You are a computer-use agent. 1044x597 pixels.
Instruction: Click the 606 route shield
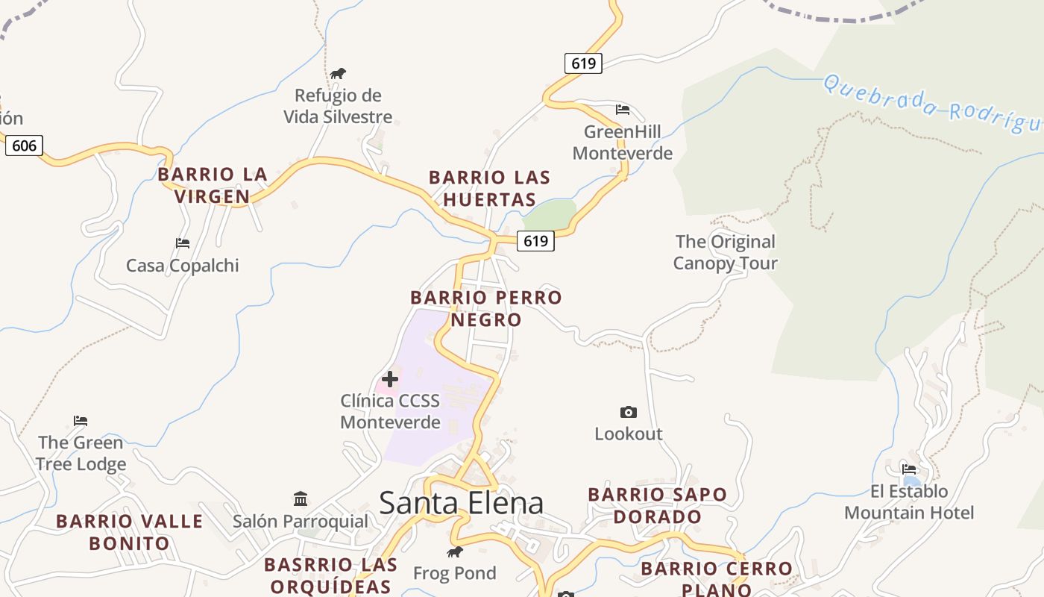pos(24,145)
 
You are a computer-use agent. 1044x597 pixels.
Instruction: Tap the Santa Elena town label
pos(461,503)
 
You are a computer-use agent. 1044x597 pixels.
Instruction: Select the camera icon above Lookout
pos(629,412)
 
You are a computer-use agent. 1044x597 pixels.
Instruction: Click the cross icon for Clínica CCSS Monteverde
pos(389,379)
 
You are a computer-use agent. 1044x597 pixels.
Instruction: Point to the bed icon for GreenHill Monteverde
pos(623,110)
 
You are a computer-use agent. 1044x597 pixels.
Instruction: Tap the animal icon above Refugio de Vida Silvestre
pos(338,73)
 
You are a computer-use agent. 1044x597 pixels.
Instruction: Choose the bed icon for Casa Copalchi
pos(183,243)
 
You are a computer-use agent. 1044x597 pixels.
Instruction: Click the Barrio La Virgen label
pos(213,185)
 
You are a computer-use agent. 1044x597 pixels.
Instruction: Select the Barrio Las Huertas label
pos(489,188)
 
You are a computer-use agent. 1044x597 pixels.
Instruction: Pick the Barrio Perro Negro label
pos(486,308)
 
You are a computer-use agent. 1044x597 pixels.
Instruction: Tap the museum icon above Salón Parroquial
pos(301,498)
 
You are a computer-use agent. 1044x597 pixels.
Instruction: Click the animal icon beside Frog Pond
pos(454,552)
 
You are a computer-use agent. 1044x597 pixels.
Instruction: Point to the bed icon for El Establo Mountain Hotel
pos(909,469)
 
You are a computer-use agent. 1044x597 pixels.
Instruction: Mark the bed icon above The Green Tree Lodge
pos(81,421)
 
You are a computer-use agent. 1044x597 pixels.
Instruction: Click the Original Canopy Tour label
pos(725,252)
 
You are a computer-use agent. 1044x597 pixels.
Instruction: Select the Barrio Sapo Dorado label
pos(657,505)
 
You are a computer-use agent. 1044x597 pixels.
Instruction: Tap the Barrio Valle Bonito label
pos(130,532)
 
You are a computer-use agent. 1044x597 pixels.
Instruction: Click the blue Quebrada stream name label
pos(932,104)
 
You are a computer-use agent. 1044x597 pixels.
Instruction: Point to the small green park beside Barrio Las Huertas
pos(550,215)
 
